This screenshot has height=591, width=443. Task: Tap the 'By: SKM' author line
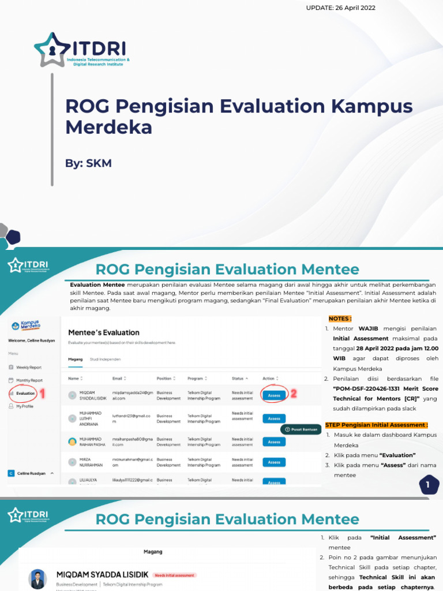(88, 163)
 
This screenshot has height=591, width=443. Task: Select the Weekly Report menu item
(28, 367)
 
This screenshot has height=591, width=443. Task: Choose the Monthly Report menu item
(29, 380)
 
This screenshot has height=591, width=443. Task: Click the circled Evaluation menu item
(25, 393)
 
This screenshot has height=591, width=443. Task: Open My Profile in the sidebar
(24, 406)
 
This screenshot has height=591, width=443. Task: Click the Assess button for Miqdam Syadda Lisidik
(274, 395)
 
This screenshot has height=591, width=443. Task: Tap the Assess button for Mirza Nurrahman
(274, 462)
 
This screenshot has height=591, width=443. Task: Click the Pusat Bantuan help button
(301, 429)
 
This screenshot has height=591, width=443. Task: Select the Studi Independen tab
(106, 359)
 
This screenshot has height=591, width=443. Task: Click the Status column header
(239, 379)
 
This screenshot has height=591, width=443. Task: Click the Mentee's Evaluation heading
(104, 332)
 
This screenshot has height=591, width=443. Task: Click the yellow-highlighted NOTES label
(340, 318)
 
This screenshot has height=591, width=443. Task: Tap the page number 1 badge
(428, 485)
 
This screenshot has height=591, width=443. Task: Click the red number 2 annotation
(293, 394)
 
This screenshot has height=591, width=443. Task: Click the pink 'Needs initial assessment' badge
(175, 575)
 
